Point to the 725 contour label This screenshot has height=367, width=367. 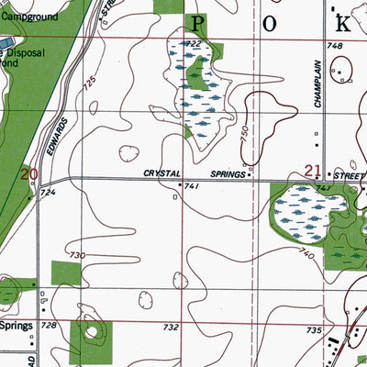click(89, 84)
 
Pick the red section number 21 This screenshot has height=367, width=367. click(313, 170)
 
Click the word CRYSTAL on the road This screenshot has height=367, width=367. click(162, 173)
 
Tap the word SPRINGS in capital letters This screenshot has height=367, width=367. click(226, 173)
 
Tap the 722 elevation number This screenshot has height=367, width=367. click(194, 45)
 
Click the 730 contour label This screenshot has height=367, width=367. click(77, 255)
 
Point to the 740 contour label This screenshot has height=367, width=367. click(306, 252)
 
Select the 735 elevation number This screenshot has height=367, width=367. click(314, 329)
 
